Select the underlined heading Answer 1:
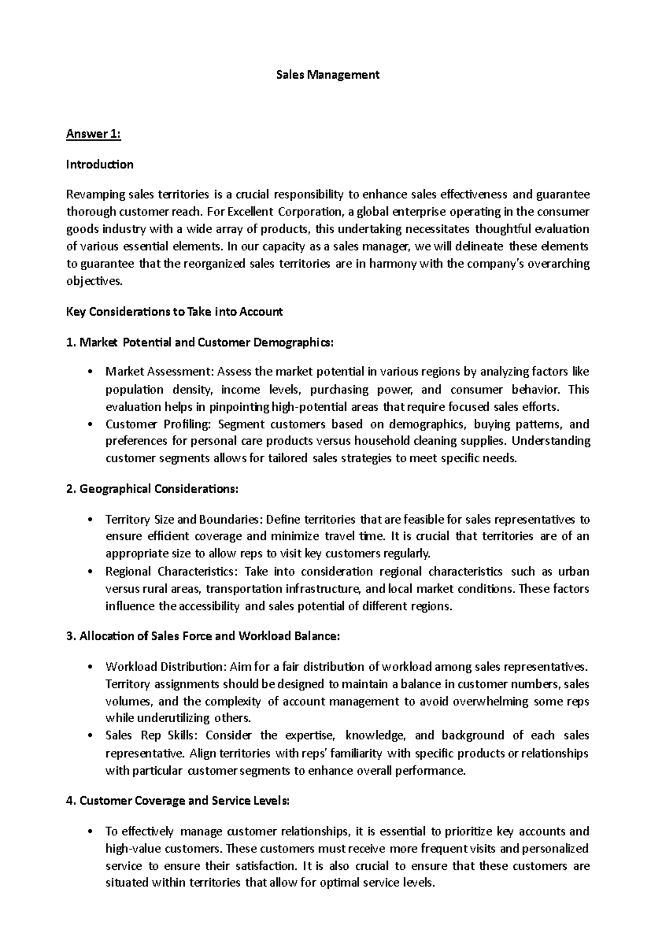(93, 134)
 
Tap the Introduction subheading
(99, 164)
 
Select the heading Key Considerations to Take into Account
(174, 312)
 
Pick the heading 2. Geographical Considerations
(151, 489)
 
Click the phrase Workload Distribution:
(165, 666)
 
